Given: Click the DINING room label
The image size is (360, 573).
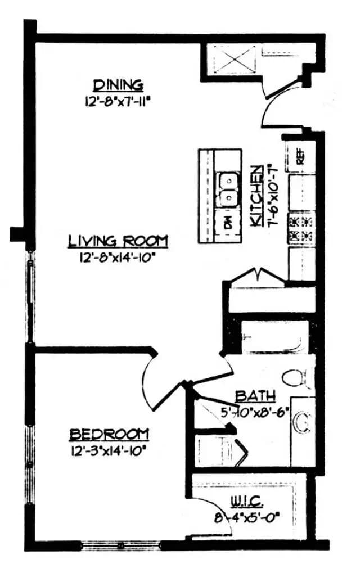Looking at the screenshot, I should coord(118,85).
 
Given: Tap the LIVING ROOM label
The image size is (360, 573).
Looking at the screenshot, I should coord(118,241).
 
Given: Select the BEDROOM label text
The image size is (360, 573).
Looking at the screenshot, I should coord(109,434).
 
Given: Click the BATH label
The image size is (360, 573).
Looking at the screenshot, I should coord(255,395).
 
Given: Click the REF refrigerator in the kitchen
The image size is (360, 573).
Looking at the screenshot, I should coord(299,156).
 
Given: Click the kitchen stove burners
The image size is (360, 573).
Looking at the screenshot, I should coord(301,228).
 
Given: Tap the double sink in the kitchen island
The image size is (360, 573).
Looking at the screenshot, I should coord(228,189).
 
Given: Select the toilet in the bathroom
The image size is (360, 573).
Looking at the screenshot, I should coord(296,377).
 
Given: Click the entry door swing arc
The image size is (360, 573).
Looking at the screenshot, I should coord(276,110).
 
